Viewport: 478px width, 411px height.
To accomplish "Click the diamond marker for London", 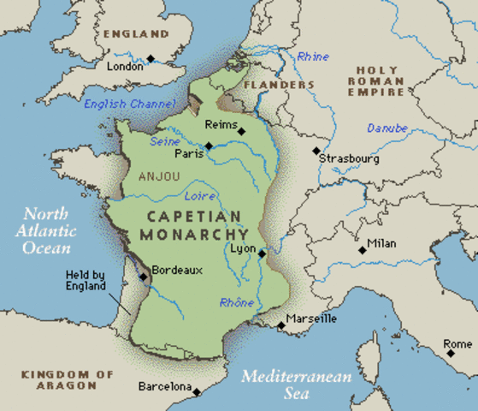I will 150,58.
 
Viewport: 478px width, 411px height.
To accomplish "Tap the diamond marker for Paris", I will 208,146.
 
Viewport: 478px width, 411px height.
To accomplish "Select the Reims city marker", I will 242,131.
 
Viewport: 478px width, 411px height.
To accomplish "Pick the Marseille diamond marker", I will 280,325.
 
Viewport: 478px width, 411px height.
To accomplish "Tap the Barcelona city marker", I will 196,392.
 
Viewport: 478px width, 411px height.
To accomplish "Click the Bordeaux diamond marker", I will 145,275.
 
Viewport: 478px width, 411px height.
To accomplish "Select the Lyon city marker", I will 261,253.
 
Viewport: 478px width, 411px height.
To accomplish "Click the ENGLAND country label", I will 136,34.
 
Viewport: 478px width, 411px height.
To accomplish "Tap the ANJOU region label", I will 158,176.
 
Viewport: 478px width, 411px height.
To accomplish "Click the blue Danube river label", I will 387,128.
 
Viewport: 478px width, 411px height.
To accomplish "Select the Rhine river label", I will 313,57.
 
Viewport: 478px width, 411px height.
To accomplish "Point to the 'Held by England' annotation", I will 86,281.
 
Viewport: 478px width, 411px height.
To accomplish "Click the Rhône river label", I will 236,302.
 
